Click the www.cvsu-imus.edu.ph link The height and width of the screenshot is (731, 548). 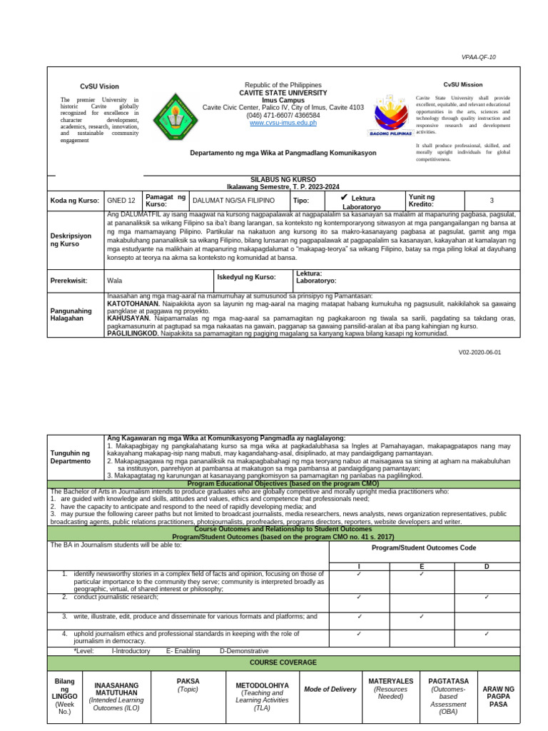(283, 123)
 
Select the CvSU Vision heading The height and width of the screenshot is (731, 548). (99, 86)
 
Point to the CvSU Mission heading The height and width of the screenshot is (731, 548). (463, 84)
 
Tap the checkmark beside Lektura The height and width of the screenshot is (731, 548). (343, 196)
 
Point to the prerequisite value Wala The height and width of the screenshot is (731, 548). (114, 281)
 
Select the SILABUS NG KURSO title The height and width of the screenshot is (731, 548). (284, 178)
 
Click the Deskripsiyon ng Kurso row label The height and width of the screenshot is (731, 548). (68, 240)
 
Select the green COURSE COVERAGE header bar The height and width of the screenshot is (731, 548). (283, 662)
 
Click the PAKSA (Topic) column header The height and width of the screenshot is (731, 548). (188, 685)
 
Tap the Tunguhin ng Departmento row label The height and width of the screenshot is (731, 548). (70, 457)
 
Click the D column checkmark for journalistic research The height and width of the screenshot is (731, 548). (487, 597)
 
